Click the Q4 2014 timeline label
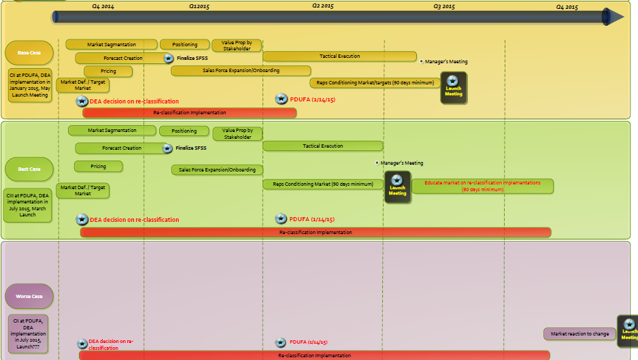pyautogui.click(x=103, y=6)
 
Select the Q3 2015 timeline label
pyautogui.click(x=444, y=6)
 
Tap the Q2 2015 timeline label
pyautogui.click(x=323, y=6)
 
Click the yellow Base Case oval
pyautogui.click(x=29, y=52)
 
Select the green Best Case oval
pyautogui.click(x=29, y=169)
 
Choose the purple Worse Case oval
pyautogui.click(x=29, y=296)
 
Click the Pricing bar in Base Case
pyautogui.click(x=108, y=71)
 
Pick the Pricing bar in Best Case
pyautogui.click(x=99, y=167)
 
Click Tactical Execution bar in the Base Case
pyautogui.click(x=339, y=56)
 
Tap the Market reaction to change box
pyautogui.click(x=580, y=334)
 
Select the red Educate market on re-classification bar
pyautogui.click(x=482, y=186)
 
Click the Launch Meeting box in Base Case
pyautogui.click(x=454, y=88)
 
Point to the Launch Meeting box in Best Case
pyautogui.click(x=397, y=188)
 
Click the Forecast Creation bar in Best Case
pyautogui.click(x=121, y=148)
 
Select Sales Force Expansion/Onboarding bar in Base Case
pyautogui.click(x=241, y=71)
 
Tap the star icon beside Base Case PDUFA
pyautogui.click(x=281, y=99)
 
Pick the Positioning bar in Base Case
pyautogui.click(x=184, y=45)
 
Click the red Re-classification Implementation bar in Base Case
pyautogui.click(x=189, y=112)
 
